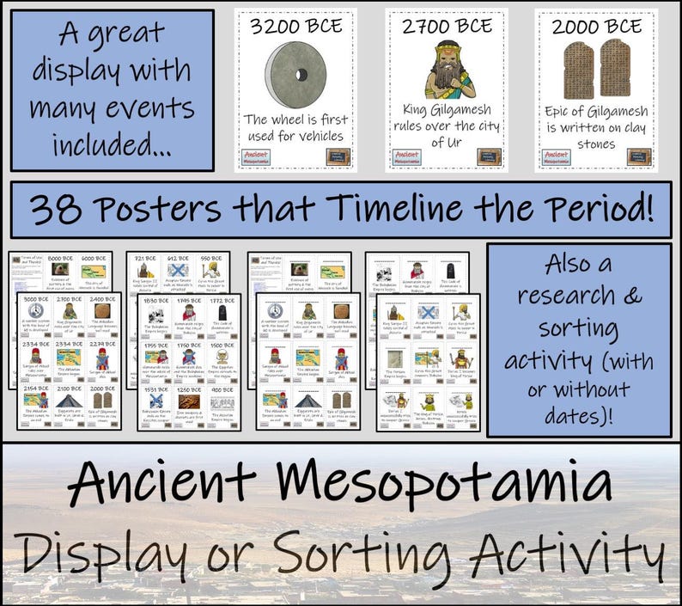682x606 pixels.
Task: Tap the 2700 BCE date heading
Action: coord(446,26)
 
